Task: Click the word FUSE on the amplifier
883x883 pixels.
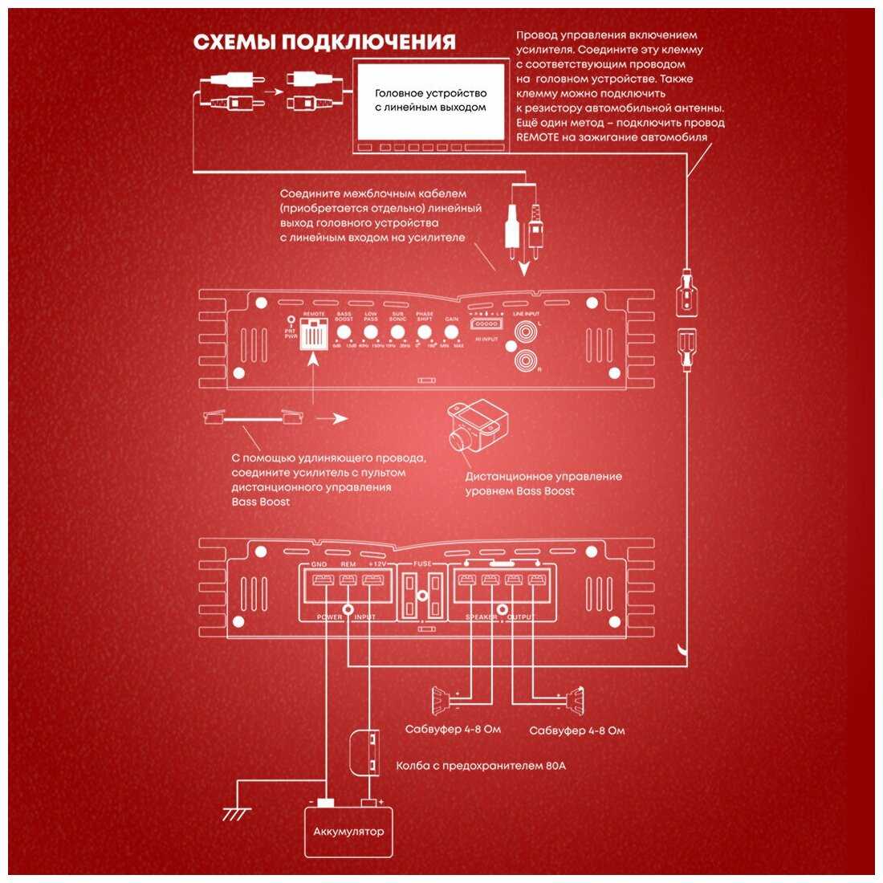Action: tap(422, 564)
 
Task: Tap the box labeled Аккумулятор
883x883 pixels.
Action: tap(348, 832)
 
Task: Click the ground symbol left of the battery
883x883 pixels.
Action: tap(235, 812)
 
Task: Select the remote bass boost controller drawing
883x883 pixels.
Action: tap(474, 428)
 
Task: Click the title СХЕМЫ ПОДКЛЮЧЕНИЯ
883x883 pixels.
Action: tap(324, 42)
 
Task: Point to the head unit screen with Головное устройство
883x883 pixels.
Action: tap(430, 101)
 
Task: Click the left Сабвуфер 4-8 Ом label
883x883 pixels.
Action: tap(453, 729)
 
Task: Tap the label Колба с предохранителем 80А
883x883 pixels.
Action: tap(481, 765)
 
